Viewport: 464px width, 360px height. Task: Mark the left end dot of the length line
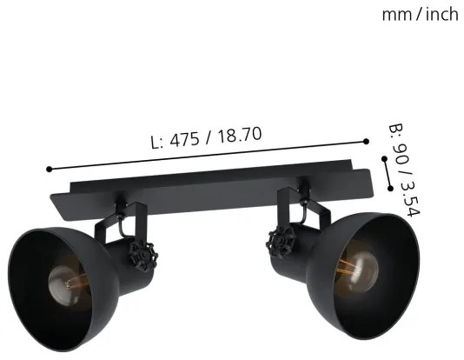click(x=50, y=170)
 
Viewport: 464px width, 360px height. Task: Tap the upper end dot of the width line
click(x=384, y=159)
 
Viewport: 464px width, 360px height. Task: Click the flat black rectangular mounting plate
click(x=217, y=187)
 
